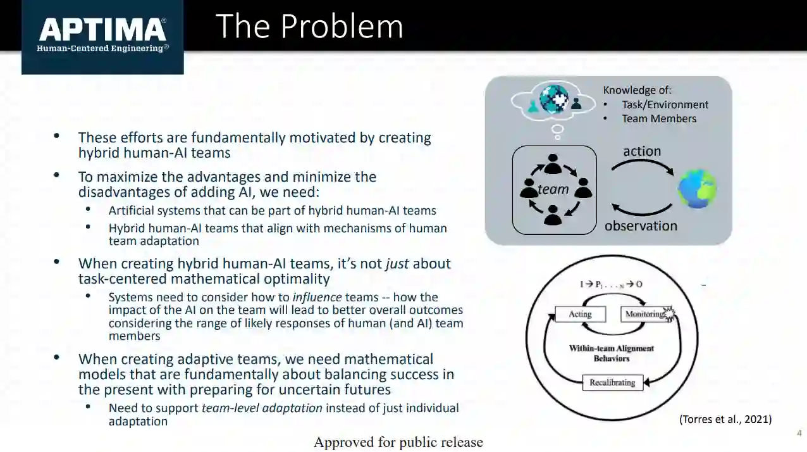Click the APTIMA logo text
pyautogui.click(x=102, y=30)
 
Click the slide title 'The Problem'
pyautogui.click(x=309, y=27)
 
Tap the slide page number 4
pyautogui.click(x=799, y=433)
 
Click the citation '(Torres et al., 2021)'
pyautogui.click(x=725, y=419)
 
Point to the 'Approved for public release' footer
pyautogui.click(x=398, y=443)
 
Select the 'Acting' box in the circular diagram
pyautogui.click(x=580, y=314)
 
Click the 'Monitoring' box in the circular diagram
pyautogui.click(x=646, y=314)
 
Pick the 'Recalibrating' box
pyautogui.click(x=612, y=382)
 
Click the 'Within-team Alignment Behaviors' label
pyautogui.click(x=612, y=353)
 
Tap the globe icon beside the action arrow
pyautogui.click(x=697, y=189)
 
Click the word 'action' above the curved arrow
pyautogui.click(x=642, y=151)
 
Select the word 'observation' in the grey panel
pyautogui.click(x=641, y=226)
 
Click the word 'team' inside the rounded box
pyautogui.click(x=553, y=189)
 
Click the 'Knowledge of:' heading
pyautogui.click(x=637, y=91)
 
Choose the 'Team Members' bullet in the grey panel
pyautogui.click(x=658, y=118)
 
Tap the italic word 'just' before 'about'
pyautogui.click(x=397, y=263)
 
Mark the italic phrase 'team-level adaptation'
pyautogui.click(x=262, y=408)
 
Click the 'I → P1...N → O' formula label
pyautogui.click(x=612, y=284)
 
